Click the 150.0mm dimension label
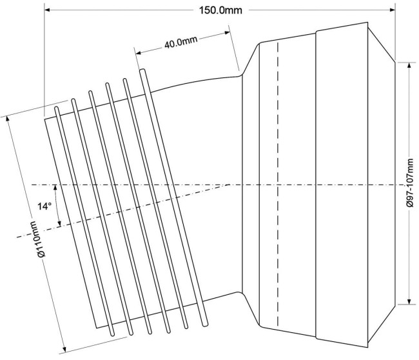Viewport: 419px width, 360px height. [x=220, y=10]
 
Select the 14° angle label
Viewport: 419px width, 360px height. [x=44, y=206]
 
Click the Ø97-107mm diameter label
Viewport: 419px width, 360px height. [x=409, y=183]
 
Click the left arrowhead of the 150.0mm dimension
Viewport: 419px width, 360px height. [x=47, y=10]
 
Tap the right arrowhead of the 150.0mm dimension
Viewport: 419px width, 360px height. [x=393, y=10]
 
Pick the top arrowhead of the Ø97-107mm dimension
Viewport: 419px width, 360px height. [x=409, y=66]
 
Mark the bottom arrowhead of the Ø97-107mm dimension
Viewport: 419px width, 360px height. [x=409, y=301]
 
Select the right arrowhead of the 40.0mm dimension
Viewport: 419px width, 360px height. [x=228, y=33]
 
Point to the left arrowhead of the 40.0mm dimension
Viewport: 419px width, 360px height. [x=138, y=52]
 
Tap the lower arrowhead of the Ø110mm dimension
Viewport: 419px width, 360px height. [x=64, y=349]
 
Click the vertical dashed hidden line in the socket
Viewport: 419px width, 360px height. [x=278, y=184]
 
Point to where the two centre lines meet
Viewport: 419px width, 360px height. [x=229, y=185]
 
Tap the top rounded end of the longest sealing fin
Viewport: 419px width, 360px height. [x=142, y=70]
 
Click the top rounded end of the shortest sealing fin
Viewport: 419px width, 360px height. [x=56, y=108]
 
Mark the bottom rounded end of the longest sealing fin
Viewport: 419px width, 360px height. [x=205, y=325]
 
